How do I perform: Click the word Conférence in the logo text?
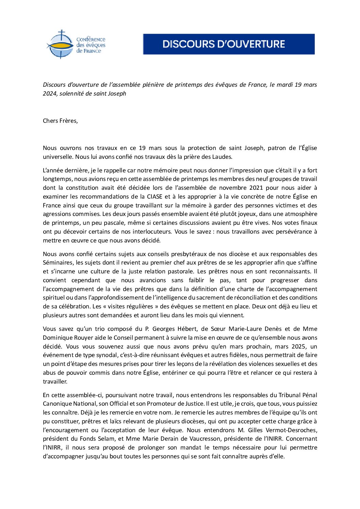pyautogui.click(x=91, y=39)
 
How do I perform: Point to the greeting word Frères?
pyautogui.click(x=69, y=121)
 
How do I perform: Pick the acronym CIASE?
pyautogui.click(x=154, y=197)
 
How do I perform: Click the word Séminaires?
pyautogui.click(x=58, y=262)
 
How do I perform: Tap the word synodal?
pyautogui.click(x=105, y=355)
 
